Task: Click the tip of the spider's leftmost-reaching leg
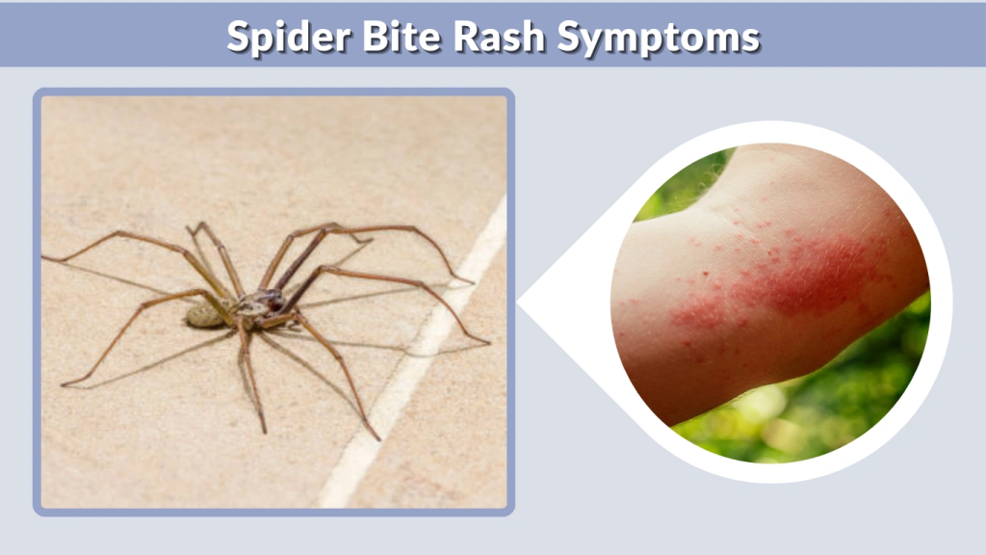[43, 257]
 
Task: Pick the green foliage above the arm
[674, 193]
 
